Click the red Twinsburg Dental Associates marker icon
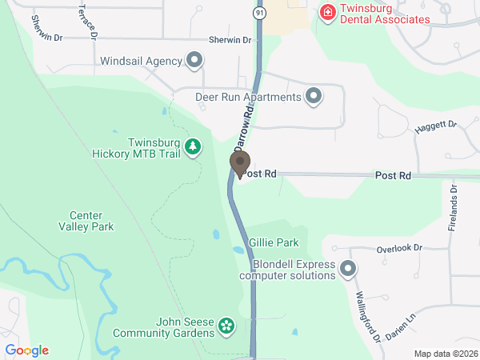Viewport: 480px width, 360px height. [x=327, y=12]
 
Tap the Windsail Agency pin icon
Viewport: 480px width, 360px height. [x=194, y=60]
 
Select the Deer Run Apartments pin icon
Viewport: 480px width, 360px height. [x=314, y=98]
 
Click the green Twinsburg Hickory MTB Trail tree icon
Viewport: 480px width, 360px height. [x=192, y=146]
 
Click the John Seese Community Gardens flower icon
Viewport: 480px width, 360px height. [x=227, y=326]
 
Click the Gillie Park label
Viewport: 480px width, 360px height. [x=274, y=242]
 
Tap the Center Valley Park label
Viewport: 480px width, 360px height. [x=92, y=221]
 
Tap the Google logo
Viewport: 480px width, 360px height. [x=27, y=350]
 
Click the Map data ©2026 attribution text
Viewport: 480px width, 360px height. [x=445, y=354]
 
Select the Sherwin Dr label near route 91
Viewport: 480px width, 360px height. [x=230, y=40]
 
